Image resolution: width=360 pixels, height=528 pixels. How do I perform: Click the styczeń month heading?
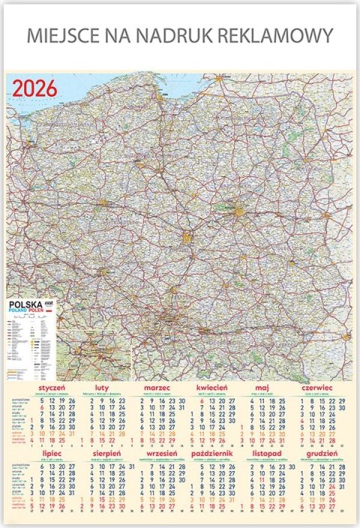point(52,387)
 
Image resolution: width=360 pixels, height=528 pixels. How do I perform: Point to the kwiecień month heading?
point(211,387)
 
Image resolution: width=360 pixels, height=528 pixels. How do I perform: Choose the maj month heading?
point(262,387)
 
